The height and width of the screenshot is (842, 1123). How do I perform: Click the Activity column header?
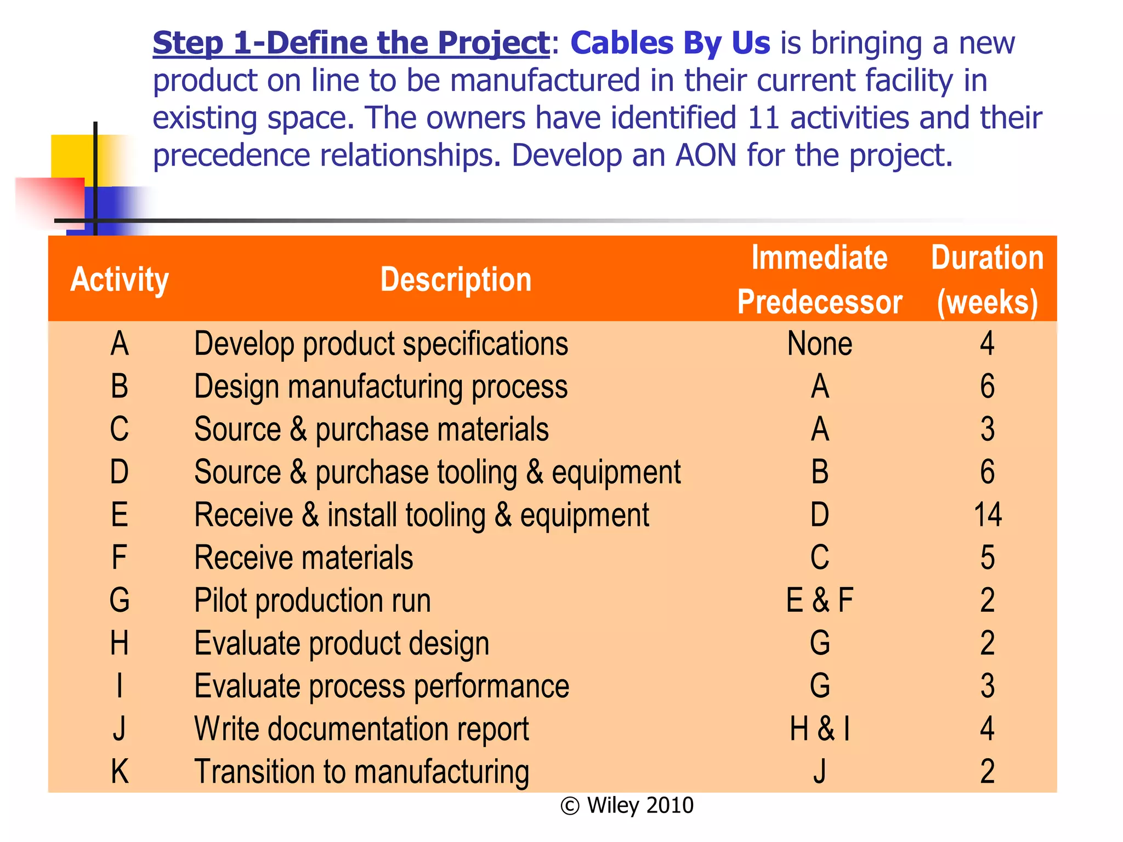[x=120, y=280]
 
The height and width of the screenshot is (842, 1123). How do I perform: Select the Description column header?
[x=456, y=280]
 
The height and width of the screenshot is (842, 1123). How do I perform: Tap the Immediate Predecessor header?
[x=819, y=280]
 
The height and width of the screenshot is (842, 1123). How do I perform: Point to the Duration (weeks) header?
[x=987, y=280]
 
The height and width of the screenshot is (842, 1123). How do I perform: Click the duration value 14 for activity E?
[x=988, y=515]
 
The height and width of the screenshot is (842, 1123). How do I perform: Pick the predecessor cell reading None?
[x=820, y=344]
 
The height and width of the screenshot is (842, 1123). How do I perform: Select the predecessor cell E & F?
[x=820, y=600]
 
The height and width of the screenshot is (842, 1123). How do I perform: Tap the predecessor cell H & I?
[x=820, y=729]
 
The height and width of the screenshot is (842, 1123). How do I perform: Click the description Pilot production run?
[x=313, y=600]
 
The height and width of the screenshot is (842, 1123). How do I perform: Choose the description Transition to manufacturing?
[x=362, y=772]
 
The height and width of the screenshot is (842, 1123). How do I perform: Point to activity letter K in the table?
[x=120, y=772]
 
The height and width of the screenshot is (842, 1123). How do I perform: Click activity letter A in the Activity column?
[x=120, y=344]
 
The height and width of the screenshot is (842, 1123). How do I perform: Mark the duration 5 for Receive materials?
[x=988, y=557]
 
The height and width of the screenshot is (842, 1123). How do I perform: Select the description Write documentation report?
[x=362, y=729]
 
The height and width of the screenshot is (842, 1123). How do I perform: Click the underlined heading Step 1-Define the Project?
[x=351, y=43]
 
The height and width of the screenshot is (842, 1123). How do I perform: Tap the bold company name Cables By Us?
[x=670, y=43]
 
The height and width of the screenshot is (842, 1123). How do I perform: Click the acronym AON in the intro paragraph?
[x=706, y=155]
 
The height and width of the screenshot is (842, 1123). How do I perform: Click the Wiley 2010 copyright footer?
[x=627, y=805]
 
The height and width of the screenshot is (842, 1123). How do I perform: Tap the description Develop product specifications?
[x=381, y=344]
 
